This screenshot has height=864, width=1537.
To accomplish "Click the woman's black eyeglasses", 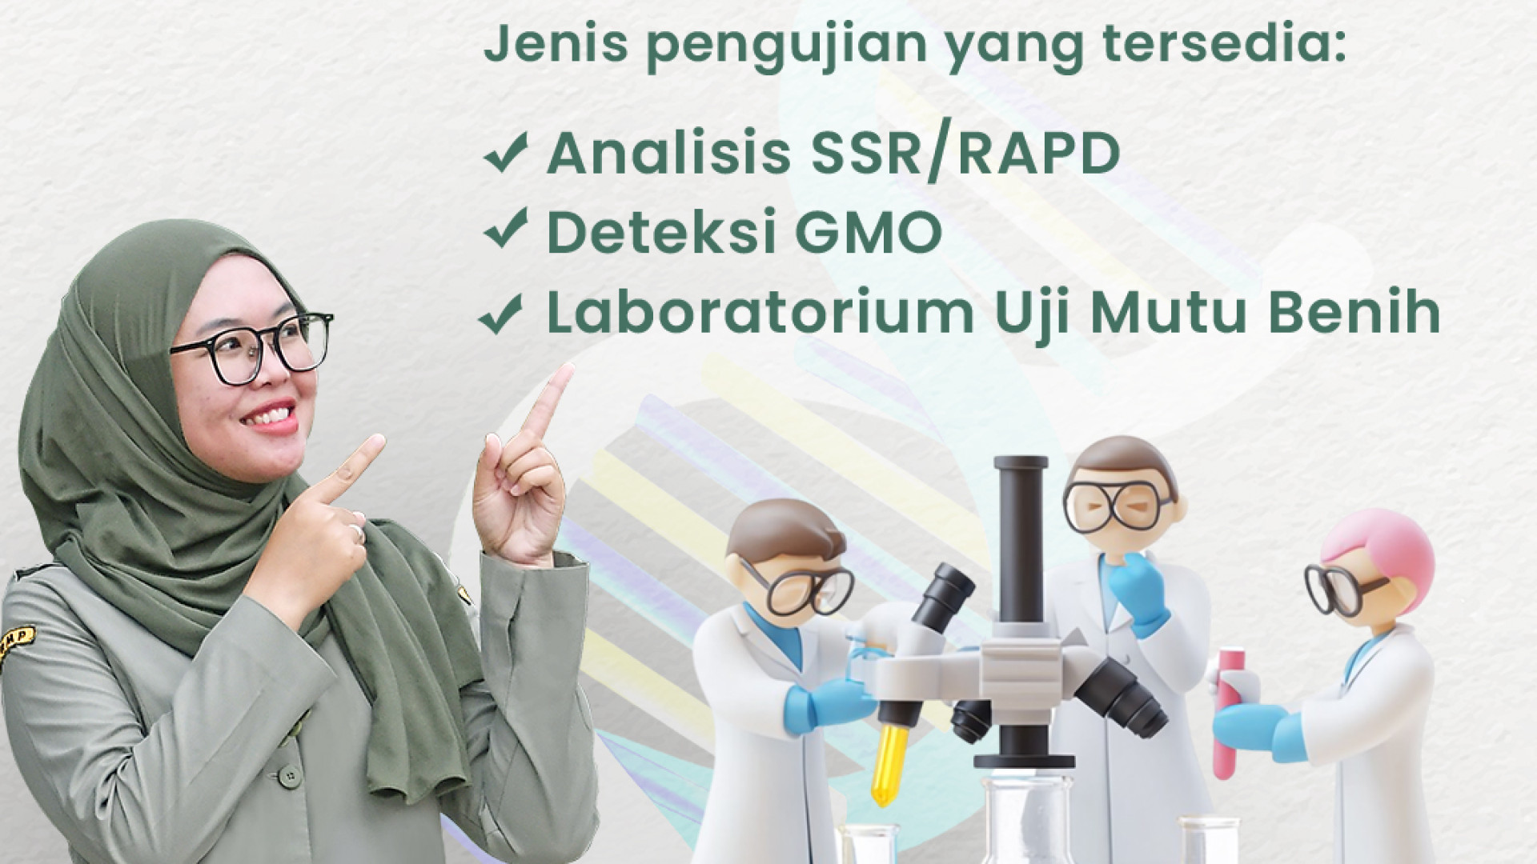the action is click(x=251, y=346).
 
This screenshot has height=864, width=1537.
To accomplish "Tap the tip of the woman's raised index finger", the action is click(x=568, y=369).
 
